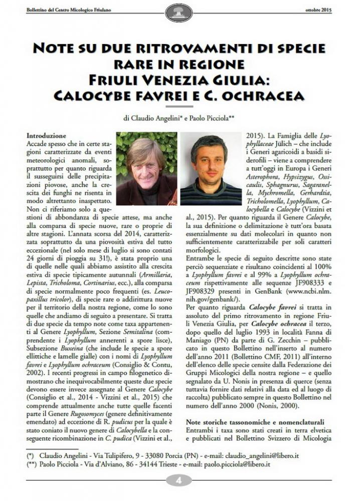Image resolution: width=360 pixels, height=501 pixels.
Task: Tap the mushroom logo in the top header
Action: click(x=179, y=12)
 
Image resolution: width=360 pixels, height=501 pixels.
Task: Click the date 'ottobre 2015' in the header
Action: click(x=319, y=9)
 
